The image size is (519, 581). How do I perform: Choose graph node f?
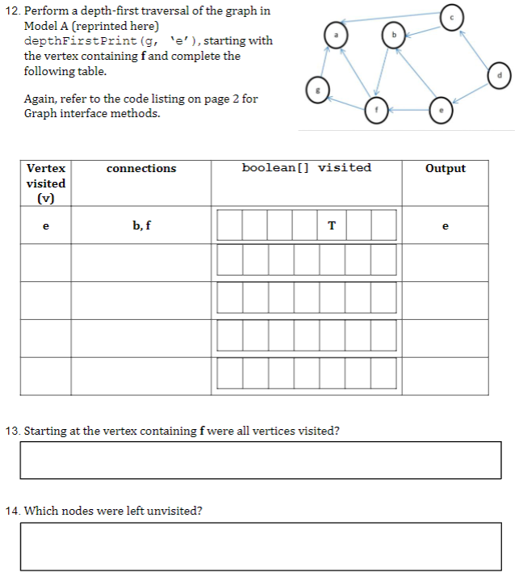coord(375,111)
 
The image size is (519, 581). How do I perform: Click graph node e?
coord(440,112)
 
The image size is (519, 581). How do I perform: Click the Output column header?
coord(445,168)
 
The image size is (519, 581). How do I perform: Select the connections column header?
coord(141,168)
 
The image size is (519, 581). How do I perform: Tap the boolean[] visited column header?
coord(306,168)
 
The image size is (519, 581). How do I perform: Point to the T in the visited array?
coord(331,226)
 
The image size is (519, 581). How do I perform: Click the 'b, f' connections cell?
coord(141,226)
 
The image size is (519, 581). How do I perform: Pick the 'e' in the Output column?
coord(445,226)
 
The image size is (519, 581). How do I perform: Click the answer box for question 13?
coord(260,460)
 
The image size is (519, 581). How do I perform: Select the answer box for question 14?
coord(260,546)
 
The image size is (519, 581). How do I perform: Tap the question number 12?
coord(13,11)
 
